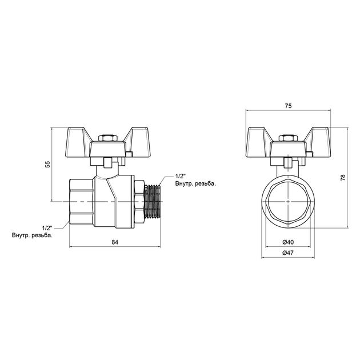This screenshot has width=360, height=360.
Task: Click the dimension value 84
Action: point(115,243)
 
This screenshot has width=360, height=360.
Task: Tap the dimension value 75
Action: point(289,105)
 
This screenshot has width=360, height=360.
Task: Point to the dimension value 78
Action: point(342,178)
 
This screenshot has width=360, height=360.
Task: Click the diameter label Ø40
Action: point(289,243)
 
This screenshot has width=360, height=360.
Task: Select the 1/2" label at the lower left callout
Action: point(47,227)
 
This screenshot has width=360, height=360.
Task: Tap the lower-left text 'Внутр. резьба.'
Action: point(32,235)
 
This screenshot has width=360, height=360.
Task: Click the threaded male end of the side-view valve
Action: point(151,202)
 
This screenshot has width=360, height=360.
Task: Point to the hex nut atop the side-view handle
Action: point(107,138)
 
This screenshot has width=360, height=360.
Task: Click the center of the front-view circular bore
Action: point(289,202)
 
